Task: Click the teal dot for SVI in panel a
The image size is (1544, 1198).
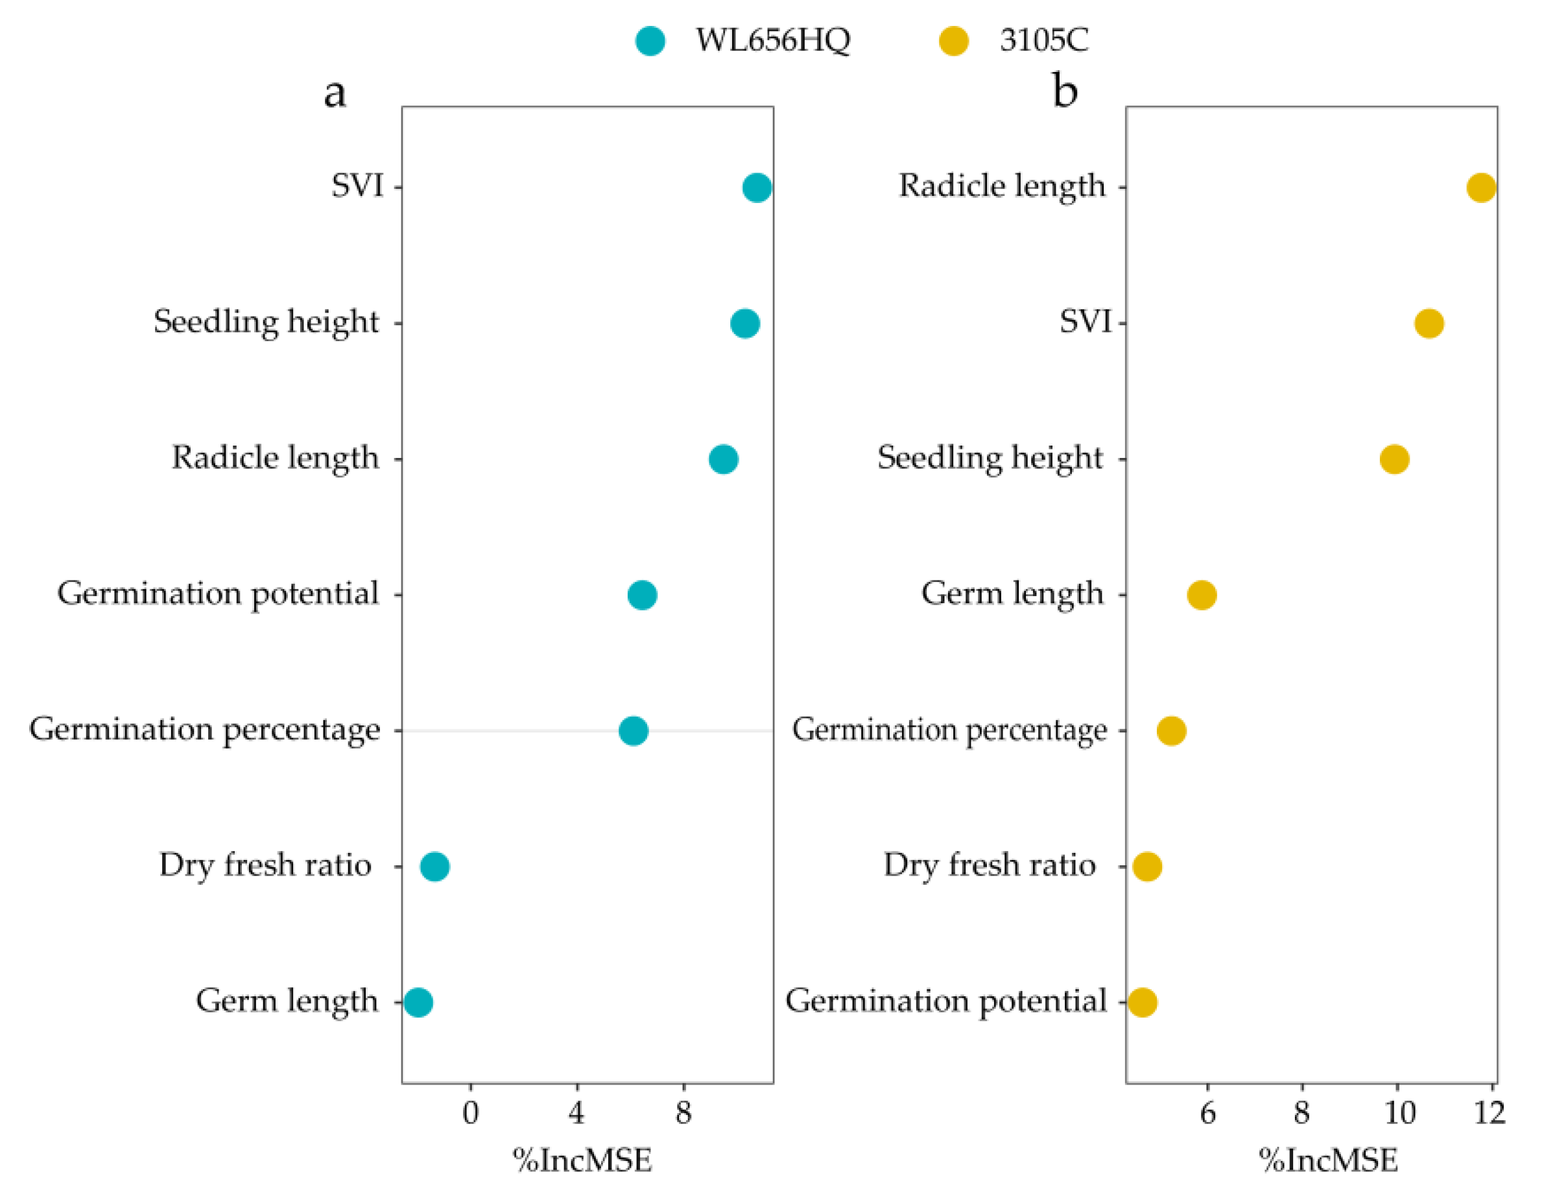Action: (757, 187)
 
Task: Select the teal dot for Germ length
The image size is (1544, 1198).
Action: (418, 1002)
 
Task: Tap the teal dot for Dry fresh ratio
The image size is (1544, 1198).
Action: (434, 867)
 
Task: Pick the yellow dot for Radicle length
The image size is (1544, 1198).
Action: (1481, 187)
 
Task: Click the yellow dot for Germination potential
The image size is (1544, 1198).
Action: (1143, 1002)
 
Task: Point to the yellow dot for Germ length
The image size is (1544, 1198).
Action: (1202, 595)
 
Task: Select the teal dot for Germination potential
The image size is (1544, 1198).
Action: (642, 595)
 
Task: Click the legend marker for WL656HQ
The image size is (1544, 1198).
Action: (650, 40)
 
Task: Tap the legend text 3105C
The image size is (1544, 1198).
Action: (1043, 40)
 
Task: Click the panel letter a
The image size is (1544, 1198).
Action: (335, 93)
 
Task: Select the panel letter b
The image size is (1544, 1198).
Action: (1065, 91)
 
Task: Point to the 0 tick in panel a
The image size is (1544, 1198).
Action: (471, 1113)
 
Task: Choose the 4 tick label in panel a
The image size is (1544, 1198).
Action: (577, 1113)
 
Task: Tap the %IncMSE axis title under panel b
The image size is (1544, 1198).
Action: (1327, 1160)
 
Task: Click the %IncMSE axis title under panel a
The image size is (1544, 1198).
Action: (582, 1160)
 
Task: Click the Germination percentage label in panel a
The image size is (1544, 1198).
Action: (205, 729)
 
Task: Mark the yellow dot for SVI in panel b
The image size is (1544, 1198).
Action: (1429, 323)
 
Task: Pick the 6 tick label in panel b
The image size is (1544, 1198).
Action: (1207, 1113)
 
